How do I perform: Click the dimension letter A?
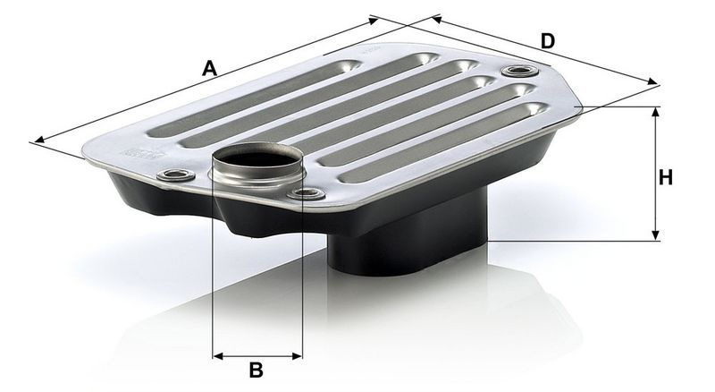pyautogui.click(x=209, y=69)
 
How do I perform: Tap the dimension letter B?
pyautogui.click(x=257, y=370)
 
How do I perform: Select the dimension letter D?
pyautogui.click(x=548, y=41)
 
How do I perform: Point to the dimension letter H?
pyautogui.click(x=666, y=177)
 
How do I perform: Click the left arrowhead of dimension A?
pyautogui.click(x=39, y=140)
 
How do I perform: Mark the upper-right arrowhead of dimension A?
pyautogui.click(x=374, y=20)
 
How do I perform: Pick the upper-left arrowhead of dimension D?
pyautogui.click(x=437, y=19)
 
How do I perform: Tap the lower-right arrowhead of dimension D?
pyautogui.click(x=653, y=81)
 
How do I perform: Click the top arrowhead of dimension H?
pyautogui.click(x=656, y=113)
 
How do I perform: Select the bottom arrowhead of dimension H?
pyautogui.click(x=656, y=234)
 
